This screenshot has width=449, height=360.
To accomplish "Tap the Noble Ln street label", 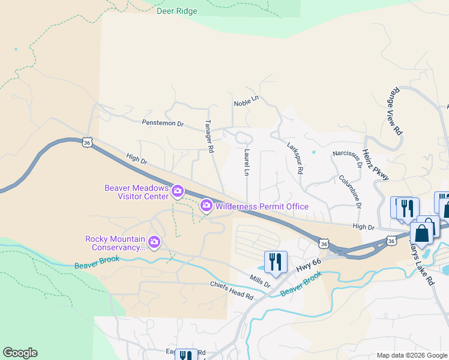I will (x=246, y=103).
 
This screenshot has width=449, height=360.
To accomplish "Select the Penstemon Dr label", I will (x=162, y=123).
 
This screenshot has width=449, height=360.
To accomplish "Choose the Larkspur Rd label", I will (x=294, y=158).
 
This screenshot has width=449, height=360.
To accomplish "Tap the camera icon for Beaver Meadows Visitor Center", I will (x=177, y=191).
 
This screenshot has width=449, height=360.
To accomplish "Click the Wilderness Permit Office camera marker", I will (x=206, y=206).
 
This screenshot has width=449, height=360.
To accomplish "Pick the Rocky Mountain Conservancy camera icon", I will (x=154, y=242).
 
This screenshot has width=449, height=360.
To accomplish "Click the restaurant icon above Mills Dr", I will (x=276, y=262).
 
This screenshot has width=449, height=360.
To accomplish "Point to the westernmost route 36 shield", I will (x=88, y=143).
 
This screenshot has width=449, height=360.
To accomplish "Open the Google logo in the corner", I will (x=20, y=353).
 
